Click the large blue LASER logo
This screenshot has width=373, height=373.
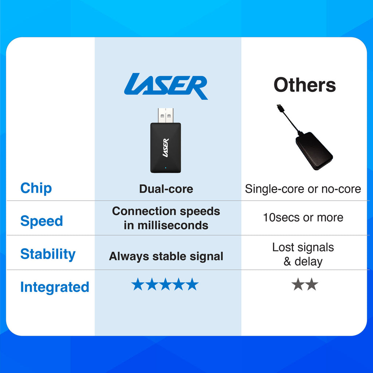point(166,86)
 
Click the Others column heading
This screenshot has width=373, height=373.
point(305,85)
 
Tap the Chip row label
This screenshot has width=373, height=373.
point(36,188)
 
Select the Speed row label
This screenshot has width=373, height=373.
point(42,221)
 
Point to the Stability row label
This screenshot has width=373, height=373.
point(48,254)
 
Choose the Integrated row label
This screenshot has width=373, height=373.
point(55,287)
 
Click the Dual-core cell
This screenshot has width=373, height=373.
point(166,189)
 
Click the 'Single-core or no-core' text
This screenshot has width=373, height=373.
point(303,189)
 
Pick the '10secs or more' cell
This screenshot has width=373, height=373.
point(303,217)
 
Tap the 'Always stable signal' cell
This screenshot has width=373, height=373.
point(166,256)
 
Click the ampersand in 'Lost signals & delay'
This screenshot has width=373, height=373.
point(287,262)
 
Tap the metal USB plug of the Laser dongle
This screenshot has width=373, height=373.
point(166,115)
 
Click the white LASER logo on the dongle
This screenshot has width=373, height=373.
point(166,148)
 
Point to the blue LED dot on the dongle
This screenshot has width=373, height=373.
point(166,168)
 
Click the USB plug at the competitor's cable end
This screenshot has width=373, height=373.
point(280,107)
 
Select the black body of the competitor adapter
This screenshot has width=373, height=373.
point(314,151)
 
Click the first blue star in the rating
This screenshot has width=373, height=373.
point(138,284)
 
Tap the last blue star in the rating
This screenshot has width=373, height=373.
point(192,284)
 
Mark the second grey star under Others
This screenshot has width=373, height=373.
point(312,284)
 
